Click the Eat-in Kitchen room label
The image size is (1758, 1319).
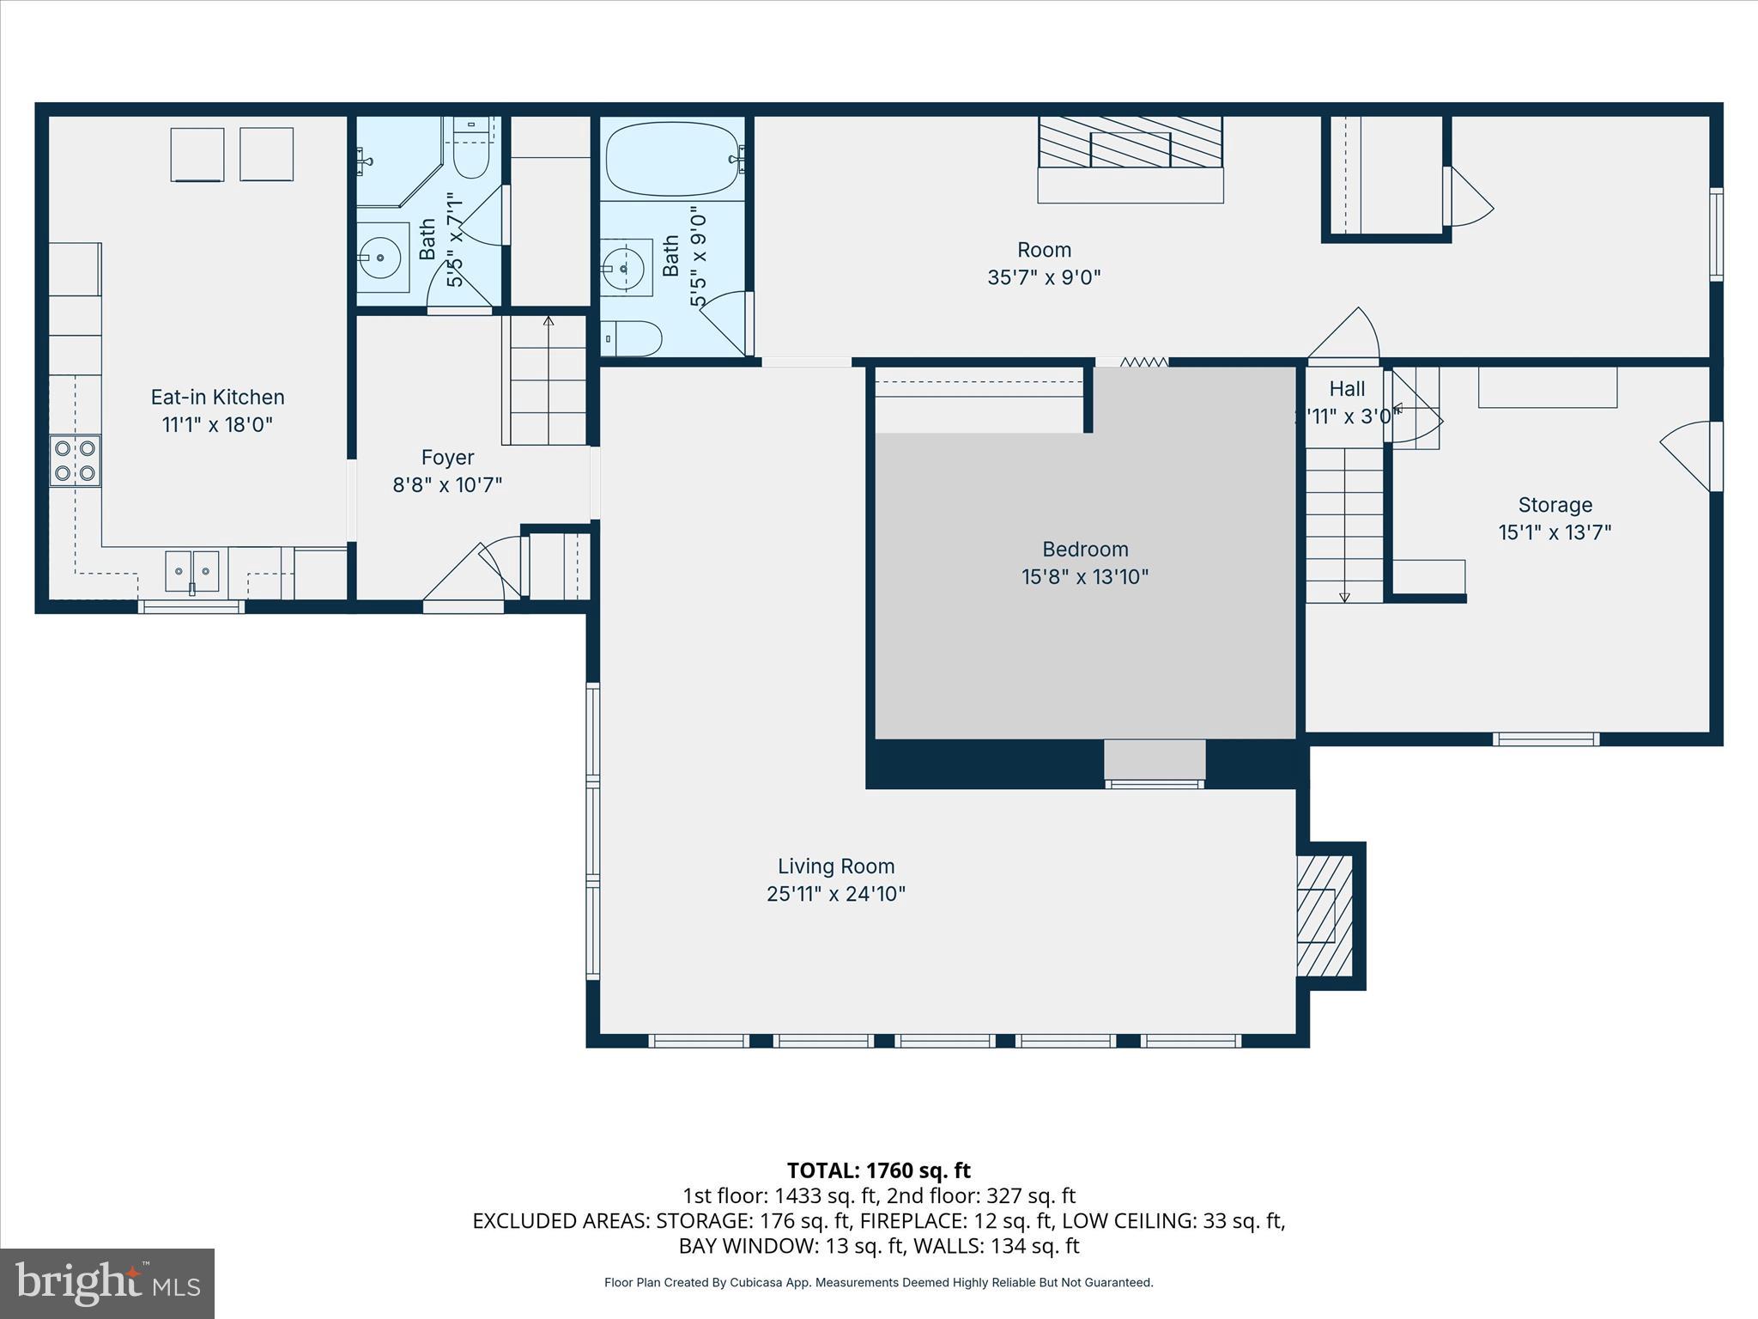(x=217, y=397)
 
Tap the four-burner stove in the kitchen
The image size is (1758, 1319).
(x=75, y=461)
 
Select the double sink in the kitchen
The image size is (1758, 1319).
(x=192, y=571)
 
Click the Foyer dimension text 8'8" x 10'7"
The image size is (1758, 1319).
(x=447, y=485)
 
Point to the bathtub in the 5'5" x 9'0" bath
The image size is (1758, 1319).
(x=671, y=159)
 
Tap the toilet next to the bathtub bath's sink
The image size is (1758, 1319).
(x=631, y=338)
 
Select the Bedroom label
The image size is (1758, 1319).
(x=1085, y=549)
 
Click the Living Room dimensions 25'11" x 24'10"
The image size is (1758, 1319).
(x=836, y=894)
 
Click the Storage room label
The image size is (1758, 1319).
(x=1555, y=505)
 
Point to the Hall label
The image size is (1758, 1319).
(x=1347, y=389)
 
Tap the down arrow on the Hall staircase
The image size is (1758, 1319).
(x=1344, y=596)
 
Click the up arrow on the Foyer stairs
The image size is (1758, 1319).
(x=549, y=323)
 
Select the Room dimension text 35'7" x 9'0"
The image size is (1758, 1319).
(x=1044, y=277)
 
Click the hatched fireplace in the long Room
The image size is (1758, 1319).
(x=1130, y=143)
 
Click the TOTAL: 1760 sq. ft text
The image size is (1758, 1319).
(x=878, y=1170)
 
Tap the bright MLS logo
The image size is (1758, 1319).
(x=107, y=1283)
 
